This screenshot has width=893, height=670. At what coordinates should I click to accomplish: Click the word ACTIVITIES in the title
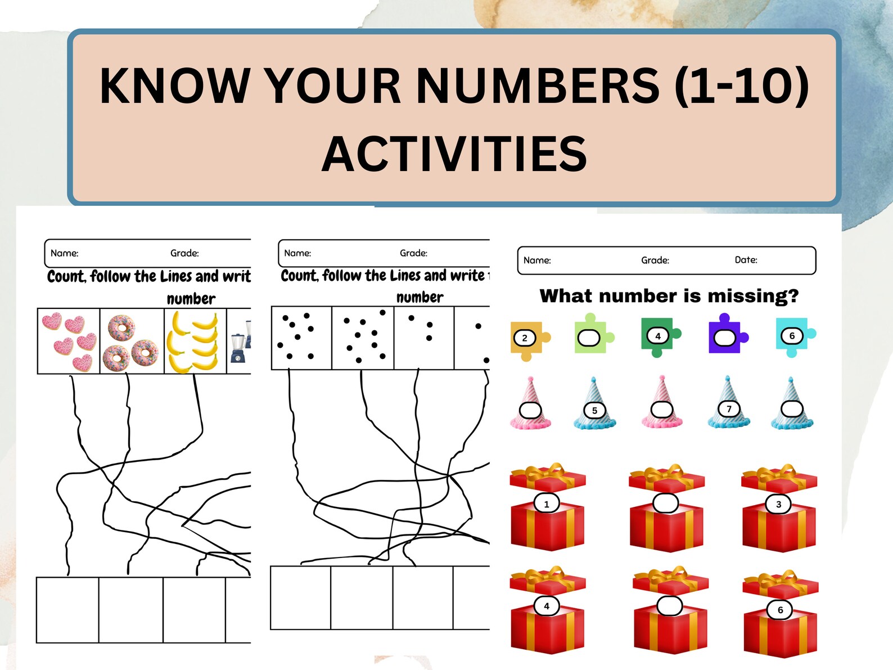pos(454,154)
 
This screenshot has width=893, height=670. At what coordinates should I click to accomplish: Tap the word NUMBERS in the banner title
pos(538,86)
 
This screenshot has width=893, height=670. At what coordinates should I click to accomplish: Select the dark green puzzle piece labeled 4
pos(659,336)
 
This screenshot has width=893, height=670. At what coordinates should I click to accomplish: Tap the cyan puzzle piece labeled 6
pos(793,336)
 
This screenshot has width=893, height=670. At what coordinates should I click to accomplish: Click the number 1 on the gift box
pos(546,504)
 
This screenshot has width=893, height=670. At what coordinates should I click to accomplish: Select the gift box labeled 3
pos(779,509)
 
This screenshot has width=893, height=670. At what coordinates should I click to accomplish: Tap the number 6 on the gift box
pos(780,610)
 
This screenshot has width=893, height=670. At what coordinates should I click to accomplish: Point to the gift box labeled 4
pos(547,613)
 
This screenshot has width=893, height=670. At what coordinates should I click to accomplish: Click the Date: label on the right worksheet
pos(746,260)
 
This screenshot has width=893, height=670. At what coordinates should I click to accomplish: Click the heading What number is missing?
pos(669,296)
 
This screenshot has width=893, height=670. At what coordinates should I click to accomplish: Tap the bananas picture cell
pos(195,341)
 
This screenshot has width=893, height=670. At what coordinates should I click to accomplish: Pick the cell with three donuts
pos(132,341)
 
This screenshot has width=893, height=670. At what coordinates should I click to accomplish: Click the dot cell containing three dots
pos(423,338)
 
